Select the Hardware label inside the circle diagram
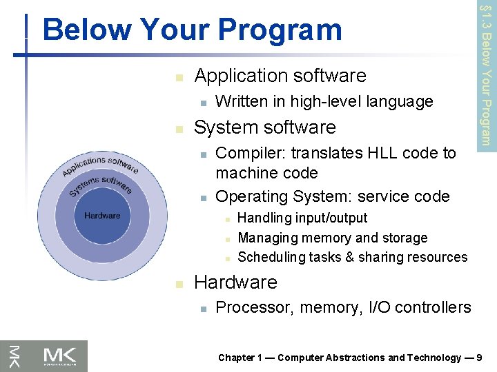(102, 216)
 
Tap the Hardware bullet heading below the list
(235, 282)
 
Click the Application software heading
(280, 75)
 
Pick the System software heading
(265, 127)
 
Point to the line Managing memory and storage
(332, 238)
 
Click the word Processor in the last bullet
(251, 308)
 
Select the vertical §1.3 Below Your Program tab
(486, 74)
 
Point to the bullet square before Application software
(178, 77)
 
